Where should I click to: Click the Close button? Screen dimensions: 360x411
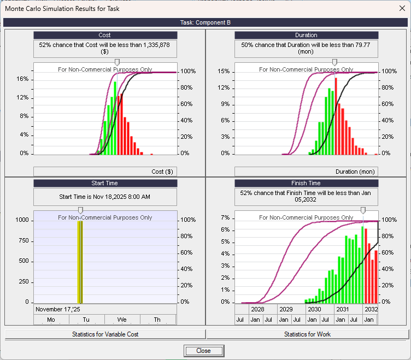click(x=203, y=351)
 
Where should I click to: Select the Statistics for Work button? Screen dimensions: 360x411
click(x=307, y=334)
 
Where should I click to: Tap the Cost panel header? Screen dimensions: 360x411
click(x=104, y=35)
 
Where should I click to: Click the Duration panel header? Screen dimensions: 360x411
click(x=306, y=35)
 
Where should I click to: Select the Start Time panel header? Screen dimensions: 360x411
click(x=104, y=183)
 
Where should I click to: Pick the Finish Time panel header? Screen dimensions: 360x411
click(x=306, y=183)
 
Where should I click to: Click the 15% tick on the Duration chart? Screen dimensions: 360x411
click(x=224, y=72)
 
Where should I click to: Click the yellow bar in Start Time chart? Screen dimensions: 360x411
click(x=80, y=262)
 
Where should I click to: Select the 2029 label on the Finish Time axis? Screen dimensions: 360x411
click(x=285, y=309)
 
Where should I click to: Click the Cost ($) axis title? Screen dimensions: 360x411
click(x=162, y=172)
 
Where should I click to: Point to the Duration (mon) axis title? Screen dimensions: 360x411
click(x=355, y=172)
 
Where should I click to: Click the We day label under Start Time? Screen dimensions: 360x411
click(x=122, y=320)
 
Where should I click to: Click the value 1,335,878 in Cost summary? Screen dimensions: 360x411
click(x=154, y=45)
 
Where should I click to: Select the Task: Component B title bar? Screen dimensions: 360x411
click(x=205, y=22)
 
